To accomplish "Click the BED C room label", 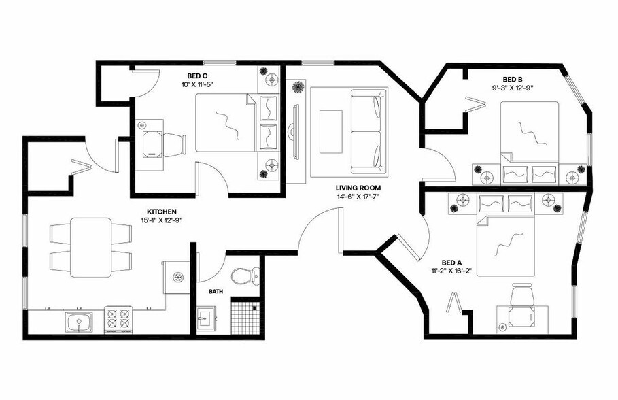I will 199,76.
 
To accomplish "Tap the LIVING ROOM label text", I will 357,188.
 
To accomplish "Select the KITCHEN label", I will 162,212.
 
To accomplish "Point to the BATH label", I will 216,291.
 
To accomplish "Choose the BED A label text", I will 452,262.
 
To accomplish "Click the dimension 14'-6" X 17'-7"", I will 357,197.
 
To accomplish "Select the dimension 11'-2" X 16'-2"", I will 451,271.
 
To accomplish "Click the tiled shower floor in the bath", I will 246,317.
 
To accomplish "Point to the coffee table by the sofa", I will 331,131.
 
